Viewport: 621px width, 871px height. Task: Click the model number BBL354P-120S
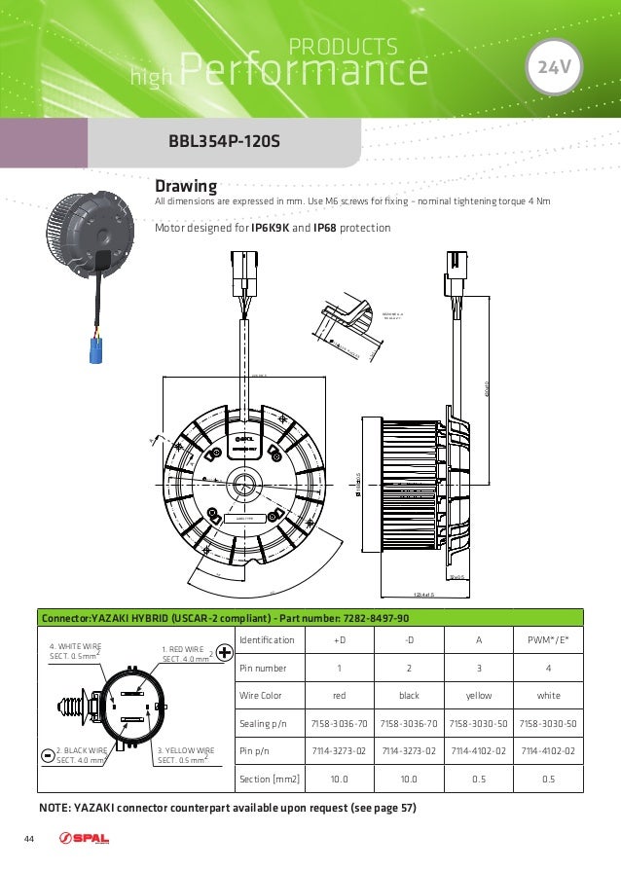pyautogui.click(x=224, y=142)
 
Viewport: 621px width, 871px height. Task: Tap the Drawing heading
pyautogui.click(x=186, y=185)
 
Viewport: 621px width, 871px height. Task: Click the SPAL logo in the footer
pyautogui.click(x=85, y=840)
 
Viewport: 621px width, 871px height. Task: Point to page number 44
pyautogui.click(x=30, y=840)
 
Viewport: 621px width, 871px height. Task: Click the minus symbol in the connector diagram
pyautogui.click(x=49, y=755)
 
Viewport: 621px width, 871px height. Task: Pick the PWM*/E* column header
pyautogui.click(x=547, y=639)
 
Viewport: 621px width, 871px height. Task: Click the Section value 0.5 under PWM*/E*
pyautogui.click(x=547, y=780)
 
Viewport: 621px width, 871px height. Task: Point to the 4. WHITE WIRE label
pyautogui.click(x=78, y=651)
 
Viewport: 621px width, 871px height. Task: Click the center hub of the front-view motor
pyautogui.click(x=238, y=485)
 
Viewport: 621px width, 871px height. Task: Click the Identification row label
pyautogui.click(x=267, y=639)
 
